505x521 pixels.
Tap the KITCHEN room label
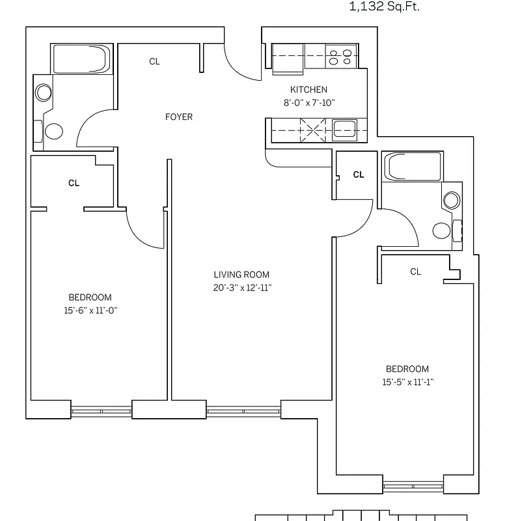308,90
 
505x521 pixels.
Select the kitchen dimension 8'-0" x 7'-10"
308,102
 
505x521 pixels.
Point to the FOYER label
178,117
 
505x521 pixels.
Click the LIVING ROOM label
241,275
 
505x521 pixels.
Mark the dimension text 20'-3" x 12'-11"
241,287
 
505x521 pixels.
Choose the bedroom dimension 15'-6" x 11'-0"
90,310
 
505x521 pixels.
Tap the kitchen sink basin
343,129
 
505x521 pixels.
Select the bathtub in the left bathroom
81,59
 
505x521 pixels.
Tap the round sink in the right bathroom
451,201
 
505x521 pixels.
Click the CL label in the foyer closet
154,62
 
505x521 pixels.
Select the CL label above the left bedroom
74,183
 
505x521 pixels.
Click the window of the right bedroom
413,485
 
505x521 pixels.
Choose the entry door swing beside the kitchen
241,62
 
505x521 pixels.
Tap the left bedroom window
101,410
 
